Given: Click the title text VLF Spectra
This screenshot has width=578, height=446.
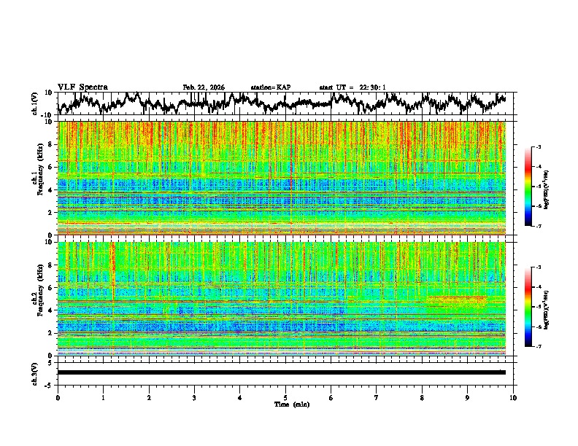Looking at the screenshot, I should click(x=82, y=87).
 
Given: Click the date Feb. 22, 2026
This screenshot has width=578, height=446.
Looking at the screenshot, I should click(x=204, y=87).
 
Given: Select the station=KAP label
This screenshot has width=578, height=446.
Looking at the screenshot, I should click(x=271, y=87).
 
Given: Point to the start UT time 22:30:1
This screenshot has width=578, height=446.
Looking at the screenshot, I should click(x=352, y=87).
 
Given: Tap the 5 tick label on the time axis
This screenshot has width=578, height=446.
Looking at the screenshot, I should click(x=285, y=397).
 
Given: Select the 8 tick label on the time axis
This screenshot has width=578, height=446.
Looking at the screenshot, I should click(x=422, y=397).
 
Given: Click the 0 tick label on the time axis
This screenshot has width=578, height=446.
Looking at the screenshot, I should click(x=58, y=397).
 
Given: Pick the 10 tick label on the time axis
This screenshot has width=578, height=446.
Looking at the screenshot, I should click(x=513, y=397).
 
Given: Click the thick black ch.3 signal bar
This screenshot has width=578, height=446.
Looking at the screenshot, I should click(x=281, y=372).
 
